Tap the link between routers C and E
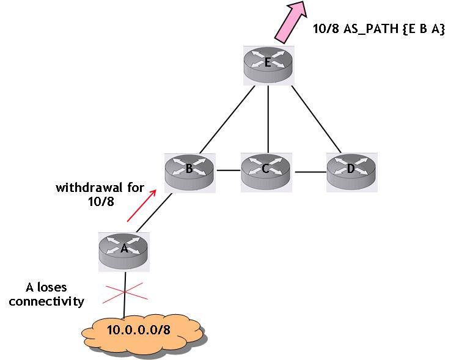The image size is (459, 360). (267, 119)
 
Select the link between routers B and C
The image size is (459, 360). (227, 171)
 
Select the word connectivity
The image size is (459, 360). (46, 301)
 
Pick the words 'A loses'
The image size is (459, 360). (46, 287)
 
